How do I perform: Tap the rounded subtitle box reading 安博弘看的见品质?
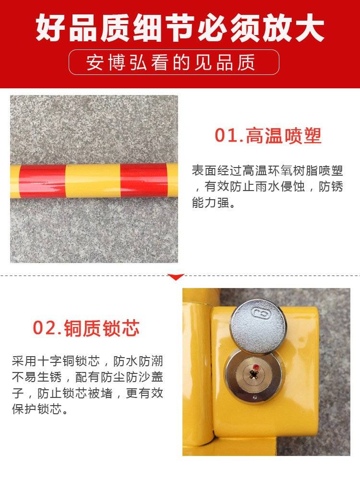coord(174,62)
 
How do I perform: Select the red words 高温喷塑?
coord(284,136)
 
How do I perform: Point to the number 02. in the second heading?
coord(48,328)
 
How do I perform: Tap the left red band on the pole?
coord(43,181)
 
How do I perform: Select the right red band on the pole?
coord(144,180)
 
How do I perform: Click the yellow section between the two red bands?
coord(93,180)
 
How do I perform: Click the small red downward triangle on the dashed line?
coord(176,277)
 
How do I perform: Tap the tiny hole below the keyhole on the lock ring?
coord(255,397)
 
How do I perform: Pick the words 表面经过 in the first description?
coord(217,170)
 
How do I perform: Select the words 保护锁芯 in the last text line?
coord(37,409)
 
